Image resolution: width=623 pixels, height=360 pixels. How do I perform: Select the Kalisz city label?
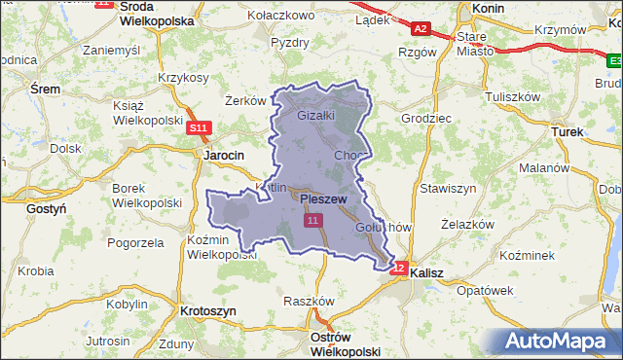point(426,274)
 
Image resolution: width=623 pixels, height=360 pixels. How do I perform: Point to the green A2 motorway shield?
point(421,29)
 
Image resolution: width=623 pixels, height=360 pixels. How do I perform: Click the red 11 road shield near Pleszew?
point(312,222)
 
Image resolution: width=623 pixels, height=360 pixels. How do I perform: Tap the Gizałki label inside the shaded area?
point(315,115)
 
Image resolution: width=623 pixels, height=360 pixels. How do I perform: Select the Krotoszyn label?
point(208,310)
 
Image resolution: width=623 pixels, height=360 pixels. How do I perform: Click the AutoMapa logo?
point(556,342)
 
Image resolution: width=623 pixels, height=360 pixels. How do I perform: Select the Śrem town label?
point(45,89)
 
